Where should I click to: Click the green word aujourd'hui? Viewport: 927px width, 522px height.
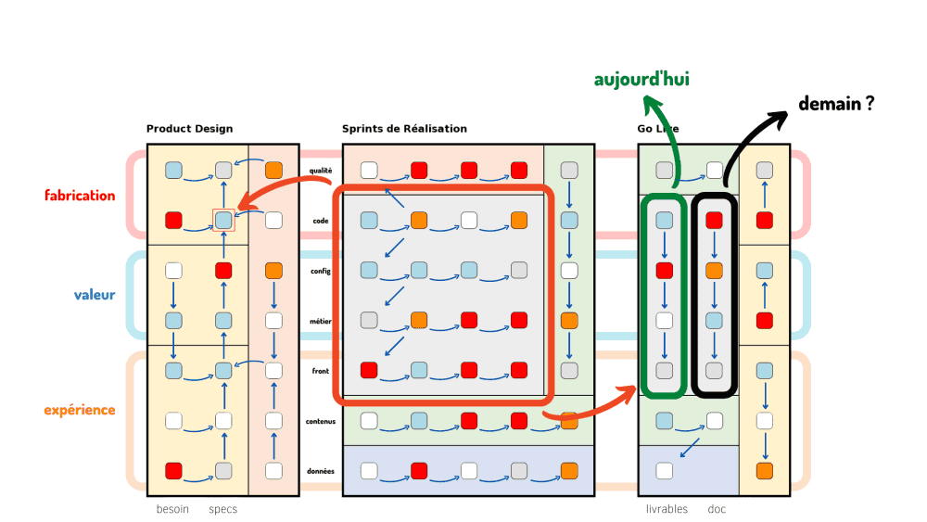(641, 80)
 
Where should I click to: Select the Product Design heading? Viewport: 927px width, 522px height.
(189, 129)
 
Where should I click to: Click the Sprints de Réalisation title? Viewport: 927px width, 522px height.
(404, 129)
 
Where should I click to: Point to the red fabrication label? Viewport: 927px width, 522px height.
(80, 196)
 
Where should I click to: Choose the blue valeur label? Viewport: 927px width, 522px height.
(95, 295)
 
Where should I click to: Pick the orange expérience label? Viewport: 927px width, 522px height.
(79, 410)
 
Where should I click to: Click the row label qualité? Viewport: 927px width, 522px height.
(321, 171)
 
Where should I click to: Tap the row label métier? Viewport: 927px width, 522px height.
(321, 321)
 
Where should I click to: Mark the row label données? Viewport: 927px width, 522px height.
(320, 471)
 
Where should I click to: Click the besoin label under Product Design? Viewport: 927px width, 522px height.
(172, 509)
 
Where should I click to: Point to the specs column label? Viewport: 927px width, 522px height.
(222, 509)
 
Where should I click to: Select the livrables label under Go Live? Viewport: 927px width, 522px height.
(667, 509)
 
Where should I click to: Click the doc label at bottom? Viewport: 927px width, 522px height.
(717, 509)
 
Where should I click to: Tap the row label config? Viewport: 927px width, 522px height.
(321, 271)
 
